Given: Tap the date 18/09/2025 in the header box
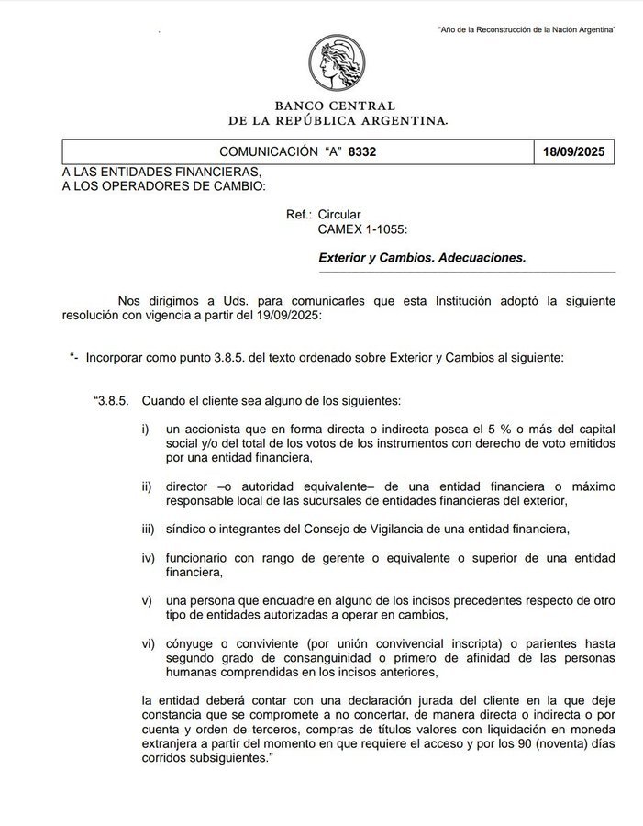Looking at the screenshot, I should tap(573, 151).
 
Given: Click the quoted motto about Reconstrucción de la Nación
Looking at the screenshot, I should tap(527, 30).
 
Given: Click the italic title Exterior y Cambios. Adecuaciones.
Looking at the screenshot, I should tap(422, 258).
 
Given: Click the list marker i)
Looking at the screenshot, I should tap(147, 430).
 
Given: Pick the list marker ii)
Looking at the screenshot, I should tap(148, 486).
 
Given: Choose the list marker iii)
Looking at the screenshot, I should tap(149, 530).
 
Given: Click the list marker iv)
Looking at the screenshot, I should tap(149, 559).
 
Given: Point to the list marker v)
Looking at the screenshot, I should tap(147, 601).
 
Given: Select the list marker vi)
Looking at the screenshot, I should tap(149, 644).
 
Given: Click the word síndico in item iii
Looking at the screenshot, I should tap(187, 530).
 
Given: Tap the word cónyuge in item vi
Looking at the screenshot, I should tap(193, 644).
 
